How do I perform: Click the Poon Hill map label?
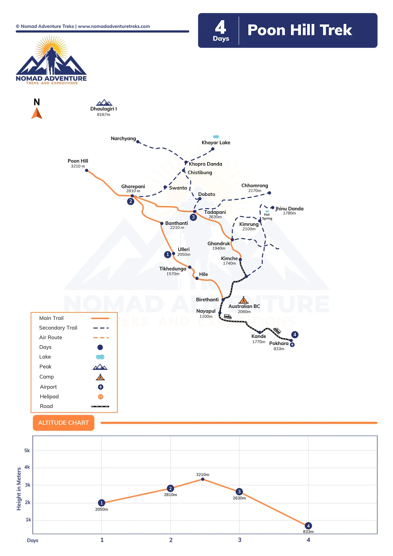(x=78, y=161)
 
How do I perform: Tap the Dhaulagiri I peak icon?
(x=104, y=103)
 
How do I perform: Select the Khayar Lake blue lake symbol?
(x=216, y=137)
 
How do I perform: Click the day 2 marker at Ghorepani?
(x=131, y=201)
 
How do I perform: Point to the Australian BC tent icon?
(x=243, y=300)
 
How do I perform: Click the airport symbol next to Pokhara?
(x=292, y=345)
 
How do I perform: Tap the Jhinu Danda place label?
(x=289, y=209)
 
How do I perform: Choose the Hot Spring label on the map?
(x=267, y=217)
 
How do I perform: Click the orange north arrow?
(x=37, y=113)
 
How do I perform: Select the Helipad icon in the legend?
(x=100, y=397)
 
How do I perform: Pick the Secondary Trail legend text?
(x=58, y=328)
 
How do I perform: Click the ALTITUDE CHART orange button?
(x=64, y=423)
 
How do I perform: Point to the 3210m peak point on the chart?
(x=203, y=479)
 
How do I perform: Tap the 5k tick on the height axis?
(x=27, y=451)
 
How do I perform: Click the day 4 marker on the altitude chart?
(x=308, y=526)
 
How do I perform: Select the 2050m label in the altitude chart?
(x=102, y=509)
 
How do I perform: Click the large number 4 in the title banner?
(x=220, y=28)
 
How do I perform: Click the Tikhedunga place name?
(x=173, y=269)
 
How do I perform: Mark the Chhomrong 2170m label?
(x=255, y=188)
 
